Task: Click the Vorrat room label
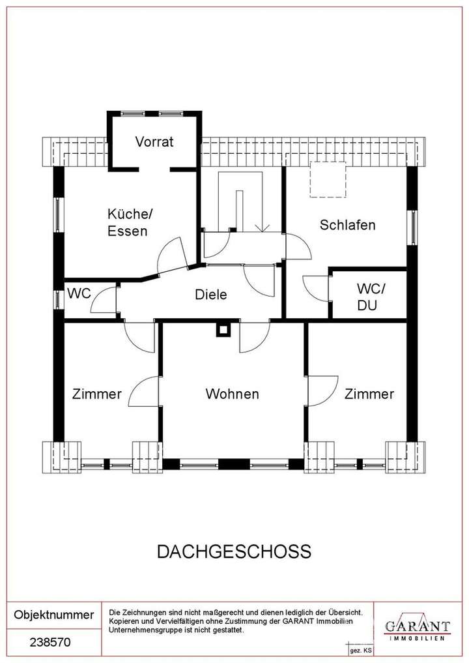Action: tap(154, 141)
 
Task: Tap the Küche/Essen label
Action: tap(128, 222)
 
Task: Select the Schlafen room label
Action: tap(348, 225)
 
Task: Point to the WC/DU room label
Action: tap(371, 296)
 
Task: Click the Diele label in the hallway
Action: tap(211, 295)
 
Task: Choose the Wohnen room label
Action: tap(232, 394)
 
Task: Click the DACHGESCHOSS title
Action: tap(234, 552)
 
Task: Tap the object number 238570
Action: tap(50, 642)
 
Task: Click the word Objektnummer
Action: tap(54, 615)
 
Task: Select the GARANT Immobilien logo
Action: tap(417, 627)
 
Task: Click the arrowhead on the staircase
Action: tap(263, 228)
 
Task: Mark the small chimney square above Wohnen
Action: tap(223, 331)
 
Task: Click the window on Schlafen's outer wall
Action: tap(413, 228)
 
